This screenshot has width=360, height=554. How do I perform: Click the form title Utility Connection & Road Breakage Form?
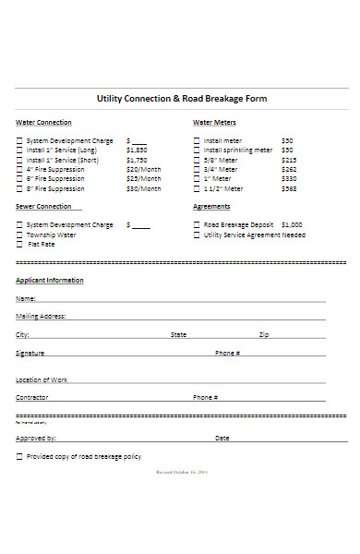pyautogui.click(x=181, y=98)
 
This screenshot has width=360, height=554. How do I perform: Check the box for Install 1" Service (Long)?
pyautogui.click(x=19, y=150)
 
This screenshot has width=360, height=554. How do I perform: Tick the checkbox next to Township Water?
pyautogui.click(x=19, y=235)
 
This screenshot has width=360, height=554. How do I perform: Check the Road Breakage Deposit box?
pyautogui.click(x=196, y=224)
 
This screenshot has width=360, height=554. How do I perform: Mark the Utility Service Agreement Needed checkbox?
pyautogui.click(x=196, y=235)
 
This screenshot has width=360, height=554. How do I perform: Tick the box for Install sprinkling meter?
pyautogui.click(x=196, y=150)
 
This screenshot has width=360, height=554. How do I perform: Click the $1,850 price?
pyautogui.click(x=137, y=150)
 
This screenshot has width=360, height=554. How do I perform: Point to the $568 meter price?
pyautogui.click(x=289, y=188)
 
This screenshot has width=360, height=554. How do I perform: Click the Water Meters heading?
pyautogui.click(x=214, y=122)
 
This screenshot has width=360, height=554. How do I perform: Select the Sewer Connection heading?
pyautogui.click(x=42, y=207)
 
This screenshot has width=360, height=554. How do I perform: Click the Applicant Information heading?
pyautogui.click(x=49, y=280)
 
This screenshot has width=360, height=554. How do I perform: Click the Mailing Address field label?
pyautogui.click(x=40, y=316)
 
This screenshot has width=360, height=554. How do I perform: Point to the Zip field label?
pyautogui.click(x=264, y=334)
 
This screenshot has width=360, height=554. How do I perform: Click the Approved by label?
pyautogui.click(x=36, y=439)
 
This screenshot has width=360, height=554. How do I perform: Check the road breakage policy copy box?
pyautogui.click(x=19, y=456)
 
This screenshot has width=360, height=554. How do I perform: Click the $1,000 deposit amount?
pyautogui.click(x=292, y=224)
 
